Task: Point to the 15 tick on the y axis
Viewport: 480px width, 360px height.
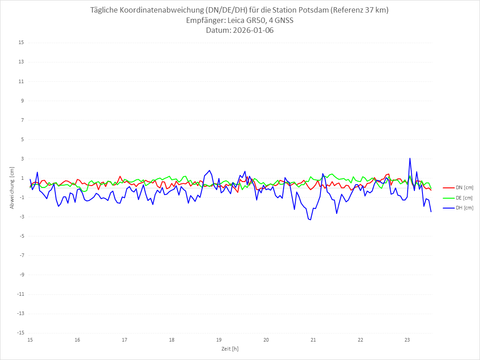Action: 21,43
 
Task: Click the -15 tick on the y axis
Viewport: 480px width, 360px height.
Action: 20,333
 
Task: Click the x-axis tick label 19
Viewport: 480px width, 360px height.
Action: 219,340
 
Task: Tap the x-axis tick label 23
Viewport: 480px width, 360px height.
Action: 408,340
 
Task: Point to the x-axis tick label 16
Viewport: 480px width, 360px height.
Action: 77,340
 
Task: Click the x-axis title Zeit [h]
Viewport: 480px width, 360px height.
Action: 230,349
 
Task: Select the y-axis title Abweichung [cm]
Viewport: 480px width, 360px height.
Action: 13,188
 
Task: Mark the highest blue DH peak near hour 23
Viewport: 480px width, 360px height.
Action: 410,158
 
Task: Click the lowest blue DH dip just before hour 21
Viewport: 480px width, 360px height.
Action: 310,219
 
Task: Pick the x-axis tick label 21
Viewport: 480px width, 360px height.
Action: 313,340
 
